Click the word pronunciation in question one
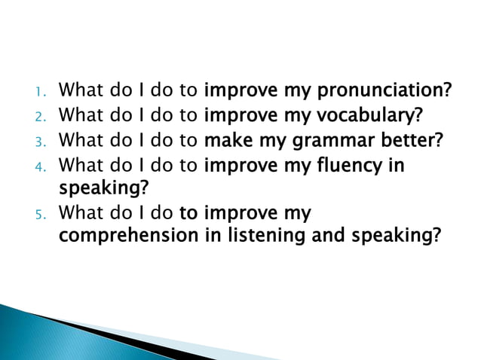pyautogui.click(x=384, y=92)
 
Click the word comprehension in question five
pyautogui.click(x=129, y=236)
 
